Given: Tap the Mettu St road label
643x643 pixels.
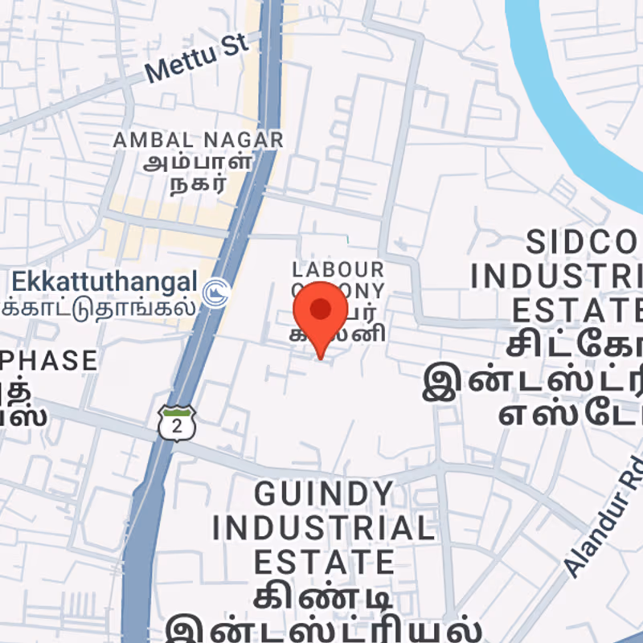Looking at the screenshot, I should (198, 58).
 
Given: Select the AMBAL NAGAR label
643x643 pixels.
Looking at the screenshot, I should (198, 140).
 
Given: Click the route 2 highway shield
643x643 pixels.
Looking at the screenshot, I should (177, 423).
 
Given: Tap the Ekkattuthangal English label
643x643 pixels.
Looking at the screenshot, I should (104, 282).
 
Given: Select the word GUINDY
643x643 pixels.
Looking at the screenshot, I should (313, 492).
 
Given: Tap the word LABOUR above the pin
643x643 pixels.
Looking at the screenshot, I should (338, 268).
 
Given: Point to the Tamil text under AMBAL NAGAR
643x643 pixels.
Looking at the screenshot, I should (198, 172).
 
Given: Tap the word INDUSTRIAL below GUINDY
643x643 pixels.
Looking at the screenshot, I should (323, 527).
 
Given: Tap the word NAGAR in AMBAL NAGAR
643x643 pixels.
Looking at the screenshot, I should (240, 140).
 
